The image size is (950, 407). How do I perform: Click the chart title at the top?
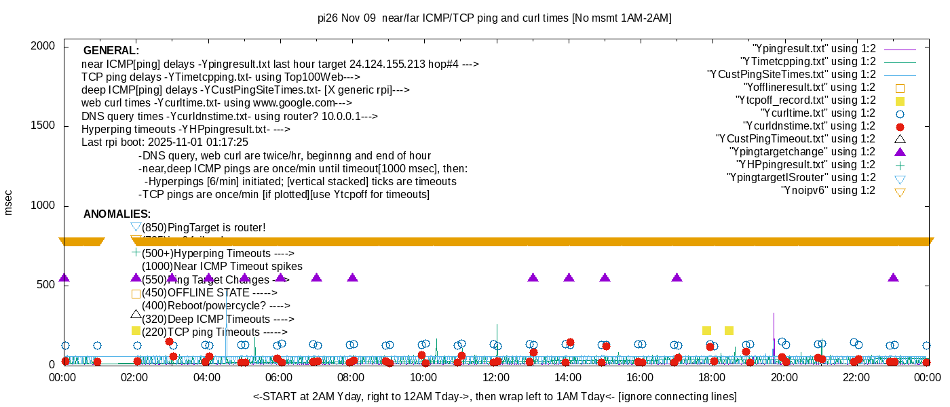point(495,18)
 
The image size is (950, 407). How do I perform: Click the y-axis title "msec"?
point(9,202)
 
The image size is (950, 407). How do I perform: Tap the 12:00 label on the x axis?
point(495,376)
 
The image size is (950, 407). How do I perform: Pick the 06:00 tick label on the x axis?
point(280,376)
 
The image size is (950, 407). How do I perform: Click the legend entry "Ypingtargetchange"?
point(802,151)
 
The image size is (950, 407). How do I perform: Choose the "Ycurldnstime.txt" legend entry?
point(810,125)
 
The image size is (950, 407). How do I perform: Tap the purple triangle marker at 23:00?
point(893,277)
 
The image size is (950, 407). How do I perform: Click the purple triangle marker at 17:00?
point(677,277)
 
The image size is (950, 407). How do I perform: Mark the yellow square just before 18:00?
point(706,330)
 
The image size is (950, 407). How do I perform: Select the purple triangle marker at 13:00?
point(533,277)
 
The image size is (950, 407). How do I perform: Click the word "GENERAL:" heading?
point(111,51)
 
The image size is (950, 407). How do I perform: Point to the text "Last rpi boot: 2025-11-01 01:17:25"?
point(165,142)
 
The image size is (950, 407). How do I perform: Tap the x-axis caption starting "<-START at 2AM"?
point(495,396)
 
